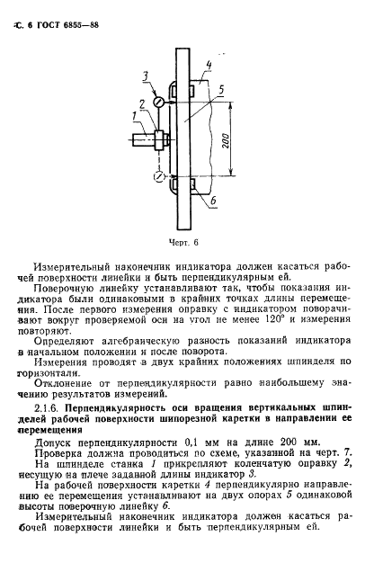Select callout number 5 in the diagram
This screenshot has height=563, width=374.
tap(220, 88)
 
